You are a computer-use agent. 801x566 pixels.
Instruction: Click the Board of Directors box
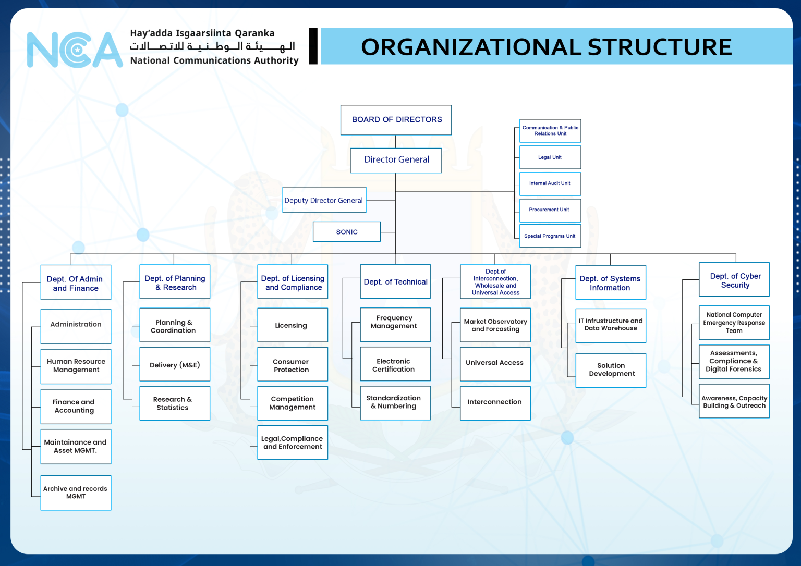click(x=396, y=120)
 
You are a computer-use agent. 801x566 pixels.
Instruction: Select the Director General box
click(x=396, y=160)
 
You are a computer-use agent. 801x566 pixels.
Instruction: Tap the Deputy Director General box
click(x=324, y=200)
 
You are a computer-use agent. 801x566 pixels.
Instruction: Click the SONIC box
click(x=347, y=232)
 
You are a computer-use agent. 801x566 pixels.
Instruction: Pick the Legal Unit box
click(x=550, y=157)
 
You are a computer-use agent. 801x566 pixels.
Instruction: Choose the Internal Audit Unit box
click(x=550, y=183)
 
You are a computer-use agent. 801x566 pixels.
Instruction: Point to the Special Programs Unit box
click(x=550, y=236)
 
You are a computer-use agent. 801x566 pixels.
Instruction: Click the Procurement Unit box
click(x=550, y=210)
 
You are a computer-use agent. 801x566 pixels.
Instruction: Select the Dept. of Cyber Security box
click(x=734, y=280)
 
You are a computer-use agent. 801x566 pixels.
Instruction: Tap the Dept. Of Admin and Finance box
click(x=76, y=283)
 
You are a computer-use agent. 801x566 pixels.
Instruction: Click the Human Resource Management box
click(x=76, y=365)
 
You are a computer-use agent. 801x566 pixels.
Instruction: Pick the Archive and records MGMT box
click(x=76, y=493)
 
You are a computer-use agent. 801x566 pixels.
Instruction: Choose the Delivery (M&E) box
click(x=175, y=365)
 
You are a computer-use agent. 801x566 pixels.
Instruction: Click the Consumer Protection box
click(x=292, y=365)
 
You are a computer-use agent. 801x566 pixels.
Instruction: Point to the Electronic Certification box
click(x=395, y=364)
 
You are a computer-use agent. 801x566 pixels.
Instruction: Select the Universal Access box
click(x=495, y=363)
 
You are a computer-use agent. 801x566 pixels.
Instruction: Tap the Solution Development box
click(x=611, y=370)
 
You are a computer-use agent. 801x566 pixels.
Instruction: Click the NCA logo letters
click(x=75, y=50)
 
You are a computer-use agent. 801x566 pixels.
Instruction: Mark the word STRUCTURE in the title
click(x=660, y=47)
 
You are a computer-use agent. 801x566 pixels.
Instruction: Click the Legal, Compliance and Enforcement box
click(x=292, y=442)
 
